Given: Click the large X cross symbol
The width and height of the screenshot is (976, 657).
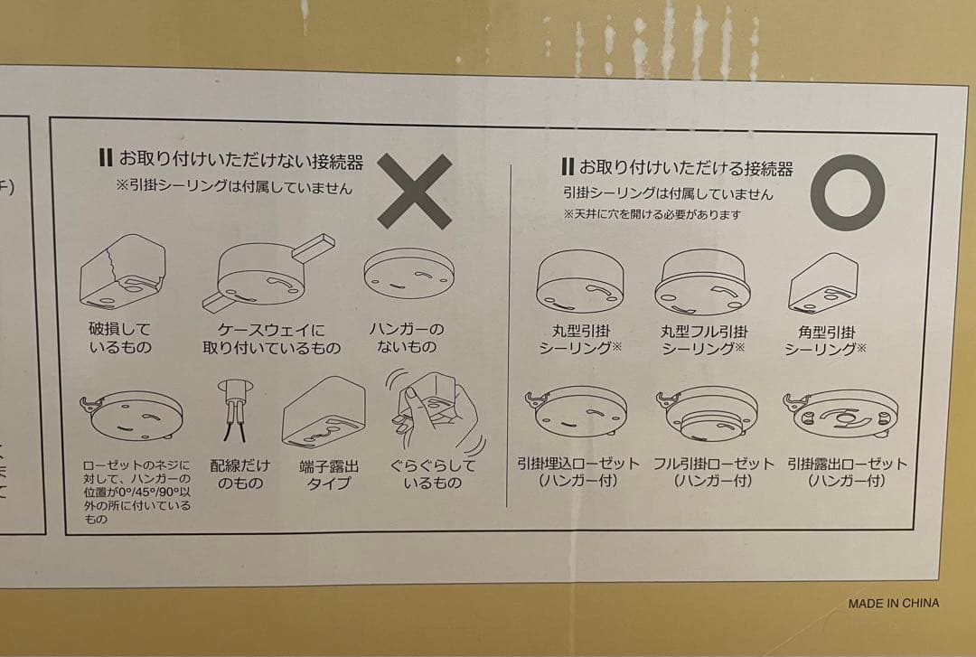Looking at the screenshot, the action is (x=415, y=192).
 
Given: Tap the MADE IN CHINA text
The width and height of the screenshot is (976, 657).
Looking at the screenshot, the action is (x=893, y=603).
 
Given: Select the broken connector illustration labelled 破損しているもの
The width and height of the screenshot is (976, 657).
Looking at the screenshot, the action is (x=123, y=272).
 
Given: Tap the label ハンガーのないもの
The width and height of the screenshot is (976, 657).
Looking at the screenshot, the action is (x=407, y=337).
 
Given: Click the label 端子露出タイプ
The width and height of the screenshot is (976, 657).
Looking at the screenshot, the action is (x=329, y=474).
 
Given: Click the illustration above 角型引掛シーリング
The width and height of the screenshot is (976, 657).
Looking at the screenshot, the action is (x=823, y=283).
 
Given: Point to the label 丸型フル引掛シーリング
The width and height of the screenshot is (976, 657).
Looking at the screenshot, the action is (x=703, y=340).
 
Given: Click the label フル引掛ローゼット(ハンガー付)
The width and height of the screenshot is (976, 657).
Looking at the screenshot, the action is (x=713, y=472).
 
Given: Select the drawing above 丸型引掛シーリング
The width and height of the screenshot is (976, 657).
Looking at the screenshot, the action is (x=579, y=281).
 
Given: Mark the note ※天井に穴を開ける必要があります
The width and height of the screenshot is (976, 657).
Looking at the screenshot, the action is (x=652, y=214).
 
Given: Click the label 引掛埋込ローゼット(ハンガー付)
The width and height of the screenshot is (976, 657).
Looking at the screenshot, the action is (x=578, y=472).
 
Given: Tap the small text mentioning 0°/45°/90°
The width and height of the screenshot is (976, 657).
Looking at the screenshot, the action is (x=137, y=492).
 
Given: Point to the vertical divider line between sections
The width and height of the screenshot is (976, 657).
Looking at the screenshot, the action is (x=510, y=335).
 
